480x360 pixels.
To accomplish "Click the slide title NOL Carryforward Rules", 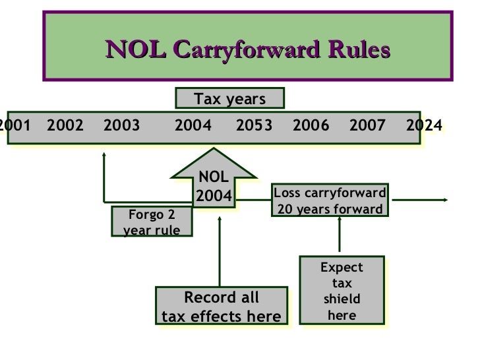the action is (247, 50).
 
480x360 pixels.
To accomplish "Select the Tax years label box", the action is (229, 99).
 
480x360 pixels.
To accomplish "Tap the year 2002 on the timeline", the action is (66, 125).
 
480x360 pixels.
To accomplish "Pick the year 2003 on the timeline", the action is (122, 125).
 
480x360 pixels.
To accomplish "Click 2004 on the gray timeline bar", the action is (193, 125).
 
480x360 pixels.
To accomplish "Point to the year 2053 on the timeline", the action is (254, 125).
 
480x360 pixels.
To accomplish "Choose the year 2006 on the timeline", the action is (311, 125).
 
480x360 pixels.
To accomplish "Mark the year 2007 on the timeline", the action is (367, 125).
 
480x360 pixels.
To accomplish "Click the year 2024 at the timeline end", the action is (423, 125).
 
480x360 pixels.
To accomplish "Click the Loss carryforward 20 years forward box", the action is (330, 201).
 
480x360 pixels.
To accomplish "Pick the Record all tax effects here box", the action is (222, 307).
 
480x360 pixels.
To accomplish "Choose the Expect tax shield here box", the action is (342, 291).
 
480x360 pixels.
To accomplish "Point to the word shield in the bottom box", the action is (342, 299).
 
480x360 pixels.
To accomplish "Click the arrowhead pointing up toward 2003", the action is (104, 156).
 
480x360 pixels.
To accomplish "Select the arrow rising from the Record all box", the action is (220, 251).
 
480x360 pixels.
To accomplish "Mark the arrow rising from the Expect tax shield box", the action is (340, 234).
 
